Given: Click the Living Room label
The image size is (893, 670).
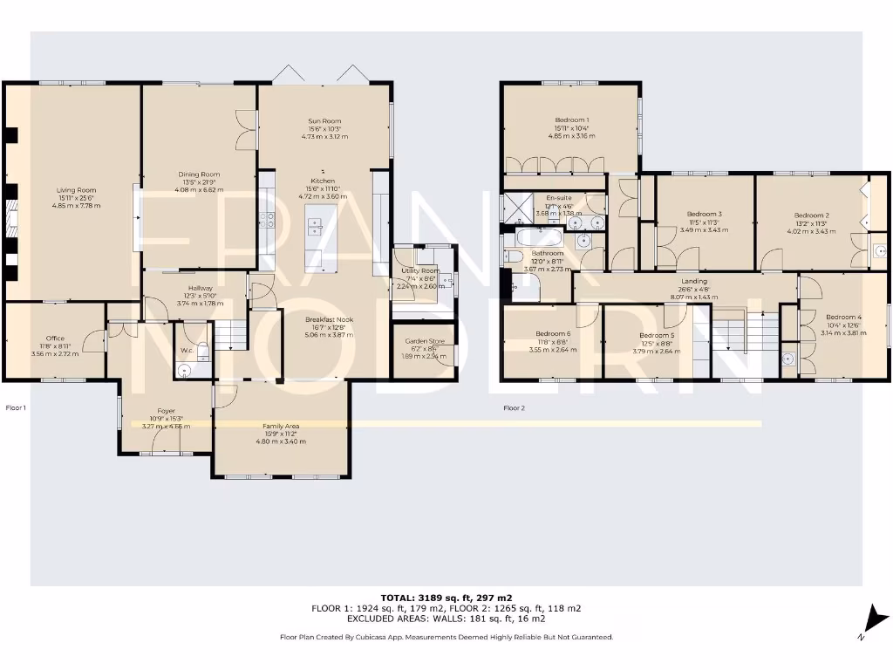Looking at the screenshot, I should point(76,189).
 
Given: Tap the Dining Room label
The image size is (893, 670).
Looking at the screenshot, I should point(199,174).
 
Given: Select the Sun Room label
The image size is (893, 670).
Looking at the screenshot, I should point(324,120).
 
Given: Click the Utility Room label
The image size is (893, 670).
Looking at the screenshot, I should point(423,271).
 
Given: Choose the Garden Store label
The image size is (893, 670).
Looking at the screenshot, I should point(421,340).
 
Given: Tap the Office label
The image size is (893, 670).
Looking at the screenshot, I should point(54,338).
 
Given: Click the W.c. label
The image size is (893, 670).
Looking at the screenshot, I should point(187,351).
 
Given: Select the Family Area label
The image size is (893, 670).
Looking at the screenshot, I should point(280,426).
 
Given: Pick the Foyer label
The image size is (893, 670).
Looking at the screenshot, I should point(166,411).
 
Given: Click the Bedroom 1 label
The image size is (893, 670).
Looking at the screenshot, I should point(572,120).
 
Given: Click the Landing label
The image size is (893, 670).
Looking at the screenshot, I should point(694,281).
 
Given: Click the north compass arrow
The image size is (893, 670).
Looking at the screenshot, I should point(874,620).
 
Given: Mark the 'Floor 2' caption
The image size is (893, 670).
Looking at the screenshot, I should point(514,407).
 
